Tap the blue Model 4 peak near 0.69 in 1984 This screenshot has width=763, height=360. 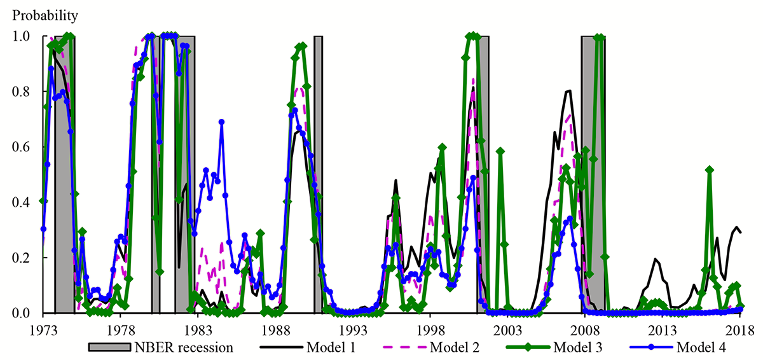(x=221, y=121)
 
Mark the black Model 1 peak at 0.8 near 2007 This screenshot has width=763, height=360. (x=569, y=91)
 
